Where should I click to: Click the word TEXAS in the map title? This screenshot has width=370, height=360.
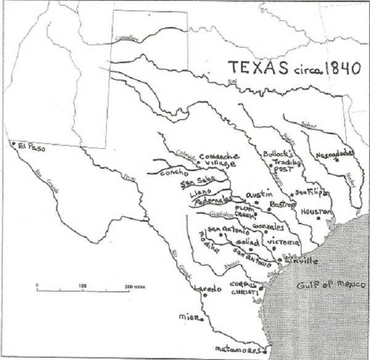tap(252, 67)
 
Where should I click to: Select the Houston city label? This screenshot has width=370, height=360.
tap(316, 211)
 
